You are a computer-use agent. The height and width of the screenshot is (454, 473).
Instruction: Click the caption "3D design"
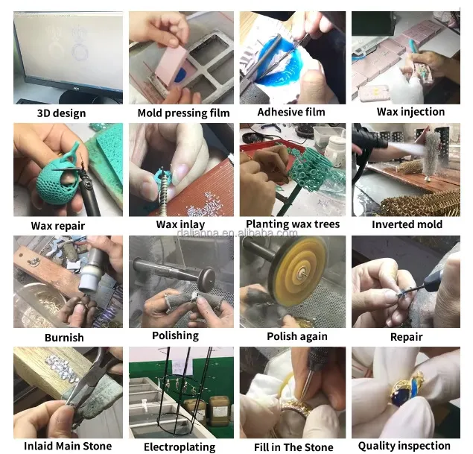62,113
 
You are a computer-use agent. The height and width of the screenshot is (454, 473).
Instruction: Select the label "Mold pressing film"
183,113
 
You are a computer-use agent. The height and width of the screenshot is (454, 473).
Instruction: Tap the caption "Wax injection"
410,112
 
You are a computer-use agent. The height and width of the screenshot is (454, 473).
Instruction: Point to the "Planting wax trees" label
293,224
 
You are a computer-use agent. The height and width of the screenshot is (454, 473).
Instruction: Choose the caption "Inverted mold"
407,224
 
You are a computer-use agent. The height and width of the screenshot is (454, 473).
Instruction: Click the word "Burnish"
64,338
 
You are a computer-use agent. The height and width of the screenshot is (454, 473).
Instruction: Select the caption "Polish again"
296,336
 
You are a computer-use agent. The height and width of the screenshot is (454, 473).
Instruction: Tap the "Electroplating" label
180,447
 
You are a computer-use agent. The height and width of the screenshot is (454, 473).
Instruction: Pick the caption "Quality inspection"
404,446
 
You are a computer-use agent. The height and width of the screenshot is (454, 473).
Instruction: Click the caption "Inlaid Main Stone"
68,446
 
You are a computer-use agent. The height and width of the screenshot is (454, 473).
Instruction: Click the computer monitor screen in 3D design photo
69,51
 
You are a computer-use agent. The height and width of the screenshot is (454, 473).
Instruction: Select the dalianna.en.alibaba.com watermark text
237,233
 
